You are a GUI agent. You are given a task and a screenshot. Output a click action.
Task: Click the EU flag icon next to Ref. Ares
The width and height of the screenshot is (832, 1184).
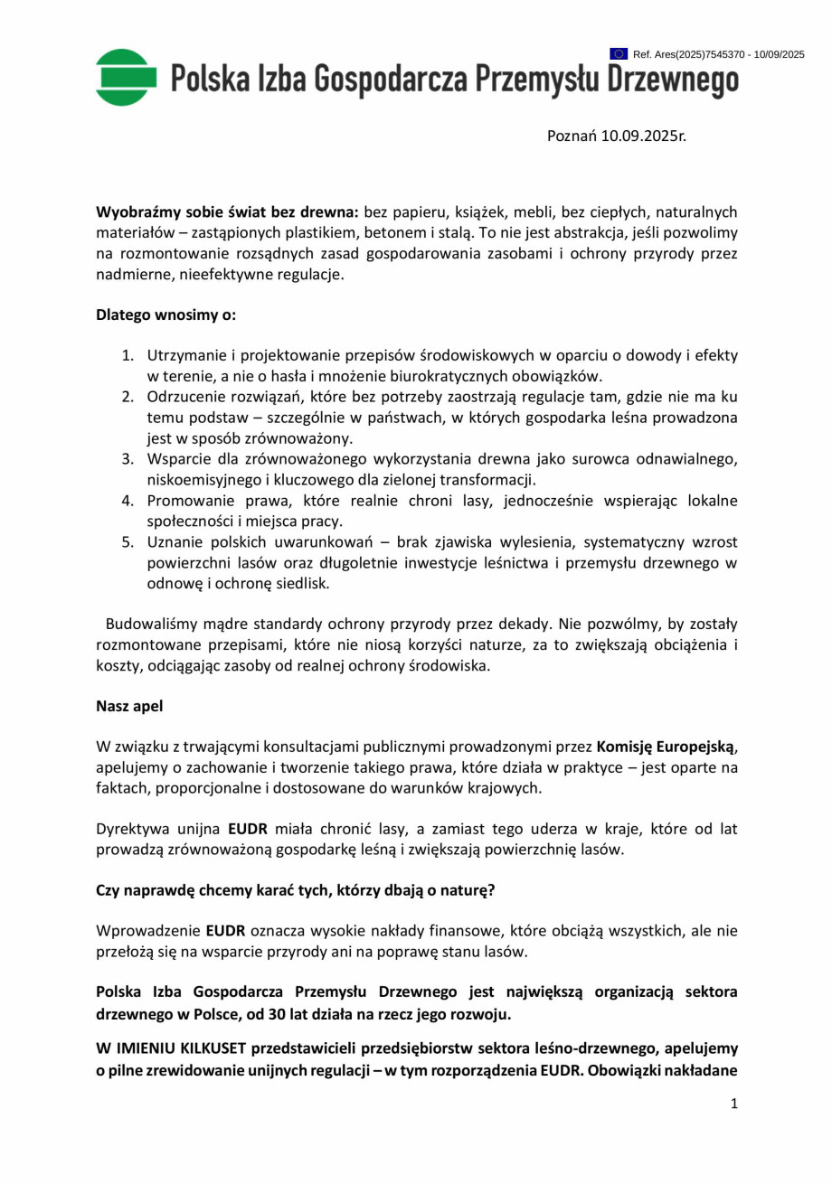pos(619,55)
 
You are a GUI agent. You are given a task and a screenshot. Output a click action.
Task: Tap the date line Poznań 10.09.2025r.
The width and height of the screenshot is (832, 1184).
pos(616,136)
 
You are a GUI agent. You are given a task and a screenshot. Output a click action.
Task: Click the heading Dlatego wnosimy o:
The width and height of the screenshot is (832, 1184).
pos(165,315)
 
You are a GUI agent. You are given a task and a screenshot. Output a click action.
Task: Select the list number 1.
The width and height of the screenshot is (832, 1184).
pos(128,355)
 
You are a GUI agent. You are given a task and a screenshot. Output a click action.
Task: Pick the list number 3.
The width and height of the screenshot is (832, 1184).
pos(128,459)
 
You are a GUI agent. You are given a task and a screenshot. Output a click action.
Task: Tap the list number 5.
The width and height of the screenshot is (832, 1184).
pos(128,542)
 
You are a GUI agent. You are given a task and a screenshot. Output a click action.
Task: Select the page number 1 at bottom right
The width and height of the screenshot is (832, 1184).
pos(733,1103)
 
